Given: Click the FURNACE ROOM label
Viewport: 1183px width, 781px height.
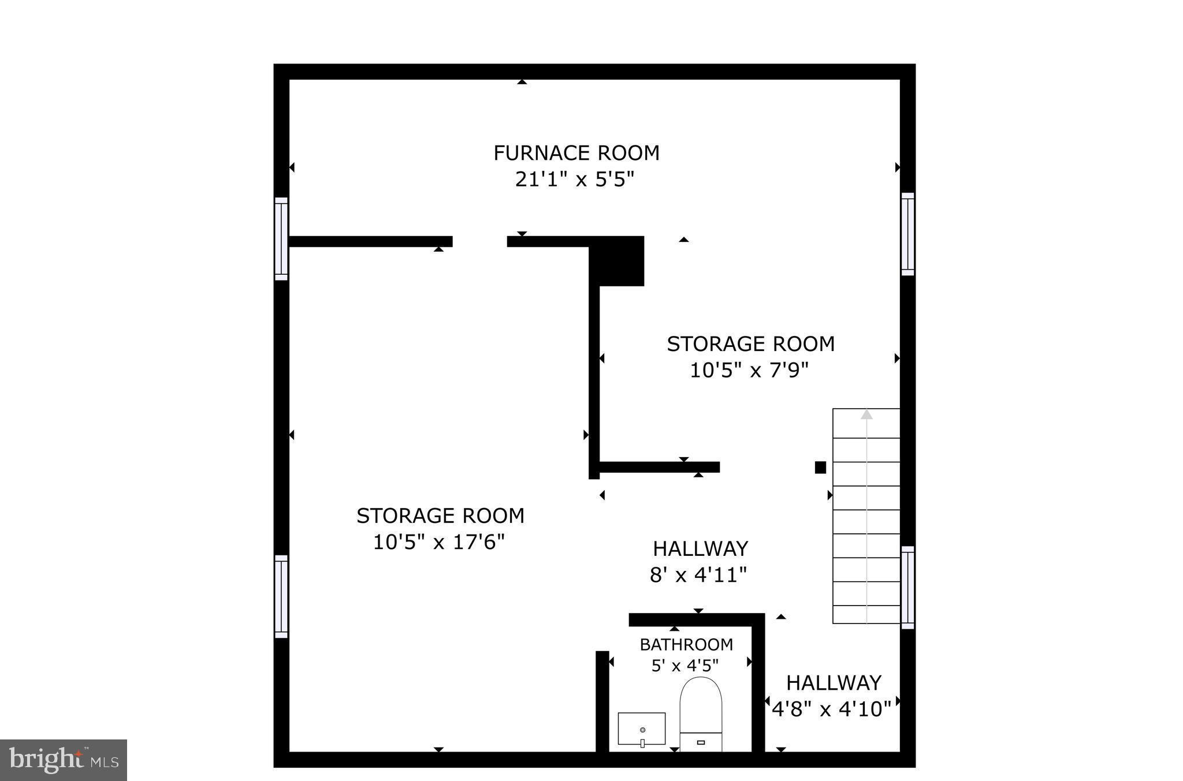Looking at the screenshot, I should click(x=576, y=153).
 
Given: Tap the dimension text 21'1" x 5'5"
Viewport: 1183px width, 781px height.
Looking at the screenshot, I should click(x=575, y=180).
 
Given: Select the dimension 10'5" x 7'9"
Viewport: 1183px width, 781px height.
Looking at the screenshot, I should click(x=749, y=370).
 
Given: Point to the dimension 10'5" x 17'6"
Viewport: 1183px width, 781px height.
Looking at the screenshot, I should click(x=439, y=542).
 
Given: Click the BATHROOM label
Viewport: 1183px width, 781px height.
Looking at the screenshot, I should click(x=686, y=644).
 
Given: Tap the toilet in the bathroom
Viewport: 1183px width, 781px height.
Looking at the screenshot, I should click(x=701, y=713).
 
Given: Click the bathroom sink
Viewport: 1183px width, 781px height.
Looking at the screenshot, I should click(x=642, y=729).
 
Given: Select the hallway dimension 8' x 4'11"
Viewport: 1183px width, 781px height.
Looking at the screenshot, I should click(x=698, y=575).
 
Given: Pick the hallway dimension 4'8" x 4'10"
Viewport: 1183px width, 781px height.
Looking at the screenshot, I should click(x=832, y=709).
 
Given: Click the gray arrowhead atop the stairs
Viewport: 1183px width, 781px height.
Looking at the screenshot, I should click(x=866, y=414).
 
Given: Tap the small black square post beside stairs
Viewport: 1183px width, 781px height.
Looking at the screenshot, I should click(x=820, y=468).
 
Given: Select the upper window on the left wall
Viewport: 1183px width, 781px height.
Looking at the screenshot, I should click(x=281, y=238).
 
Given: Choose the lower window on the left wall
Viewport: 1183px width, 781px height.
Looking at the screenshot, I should click(x=281, y=596).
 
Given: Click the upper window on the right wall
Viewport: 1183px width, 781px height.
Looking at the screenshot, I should click(x=907, y=234).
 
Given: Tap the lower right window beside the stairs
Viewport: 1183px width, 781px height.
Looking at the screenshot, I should click(x=907, y=587).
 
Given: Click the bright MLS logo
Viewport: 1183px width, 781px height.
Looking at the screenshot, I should click(x=63, y=760).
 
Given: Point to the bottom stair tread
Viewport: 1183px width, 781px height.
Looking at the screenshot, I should click(x=866, y=615).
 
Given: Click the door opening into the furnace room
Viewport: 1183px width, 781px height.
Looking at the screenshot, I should click(x=479, y=241).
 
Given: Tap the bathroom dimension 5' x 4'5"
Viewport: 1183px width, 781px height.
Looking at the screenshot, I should click(x=685, y=666).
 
